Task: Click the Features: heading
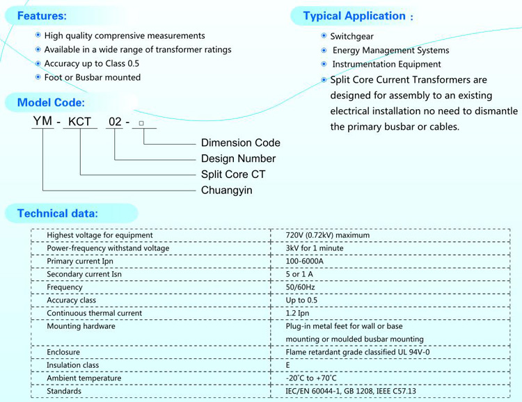point(42,15)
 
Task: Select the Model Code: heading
point(51,102)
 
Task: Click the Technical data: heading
point(58,214)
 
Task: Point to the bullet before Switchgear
point(324,35)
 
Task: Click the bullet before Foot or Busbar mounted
point(38,77)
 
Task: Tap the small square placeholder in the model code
point(141,123)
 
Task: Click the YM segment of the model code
point(42,121)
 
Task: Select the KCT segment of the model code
point(79,122)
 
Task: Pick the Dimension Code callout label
point(241,143)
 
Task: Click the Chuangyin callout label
point(227,191)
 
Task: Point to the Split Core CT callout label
point(233,175)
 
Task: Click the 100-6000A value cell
point(304,262)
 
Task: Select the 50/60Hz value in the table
point(300,287)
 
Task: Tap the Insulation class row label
point(72,365)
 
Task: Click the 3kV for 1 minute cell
point(315,248)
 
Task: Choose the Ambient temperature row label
point(84,378)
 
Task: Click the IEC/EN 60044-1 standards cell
point(351,391)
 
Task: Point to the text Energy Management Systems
point(391,50)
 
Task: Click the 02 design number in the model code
point(115,122)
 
